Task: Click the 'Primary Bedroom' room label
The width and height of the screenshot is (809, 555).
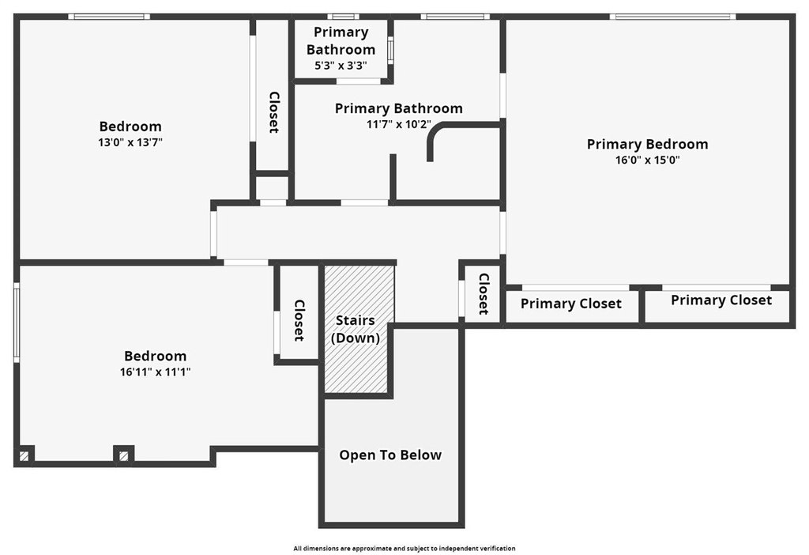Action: (648, 144)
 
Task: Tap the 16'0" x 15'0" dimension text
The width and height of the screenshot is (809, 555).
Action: (648, 160)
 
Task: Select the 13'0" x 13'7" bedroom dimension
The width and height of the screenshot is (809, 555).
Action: (130, 142)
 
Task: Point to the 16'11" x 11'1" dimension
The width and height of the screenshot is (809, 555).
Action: (156, 372)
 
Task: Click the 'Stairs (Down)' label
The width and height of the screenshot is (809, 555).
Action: (356, 329)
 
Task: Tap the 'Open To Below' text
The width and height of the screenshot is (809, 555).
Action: (390, 455)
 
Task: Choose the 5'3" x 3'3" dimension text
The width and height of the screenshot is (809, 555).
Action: (341, 66)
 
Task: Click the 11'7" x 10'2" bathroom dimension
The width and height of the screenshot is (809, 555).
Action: (399, 124)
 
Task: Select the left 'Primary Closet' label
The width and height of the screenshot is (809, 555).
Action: (571, 304)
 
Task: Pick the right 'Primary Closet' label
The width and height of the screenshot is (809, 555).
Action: (721, 300)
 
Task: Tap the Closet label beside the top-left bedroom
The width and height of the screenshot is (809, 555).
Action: (274, 112)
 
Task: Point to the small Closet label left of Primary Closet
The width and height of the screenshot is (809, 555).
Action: (484, 294)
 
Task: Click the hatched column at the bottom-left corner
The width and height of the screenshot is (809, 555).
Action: (24, 456)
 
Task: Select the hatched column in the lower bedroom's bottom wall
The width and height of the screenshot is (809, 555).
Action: (123, 456)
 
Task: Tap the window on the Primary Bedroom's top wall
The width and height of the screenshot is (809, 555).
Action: (673, 17)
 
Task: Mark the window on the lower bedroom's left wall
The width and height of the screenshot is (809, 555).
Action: (17, 322)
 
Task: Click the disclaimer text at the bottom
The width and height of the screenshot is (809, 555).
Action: (404, 549)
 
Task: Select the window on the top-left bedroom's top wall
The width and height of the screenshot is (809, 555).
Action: (109, 17)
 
